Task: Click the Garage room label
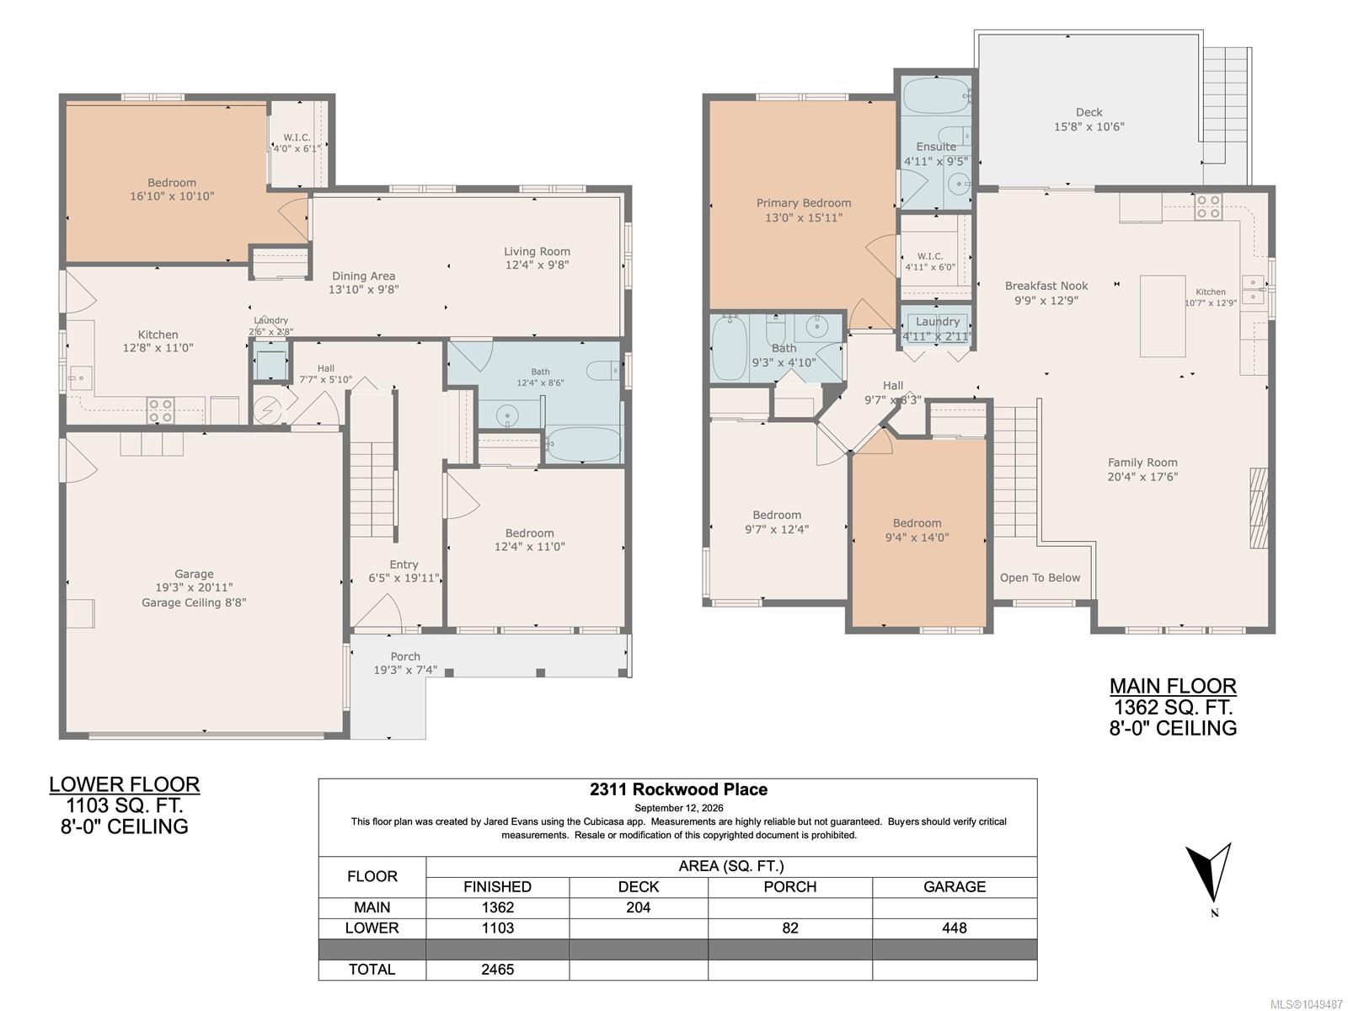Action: pos(194,574)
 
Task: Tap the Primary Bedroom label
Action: pos(803,203)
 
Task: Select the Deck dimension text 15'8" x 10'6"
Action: pos(1089,127)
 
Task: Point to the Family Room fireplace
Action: pos(1258,508)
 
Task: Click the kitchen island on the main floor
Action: pos(1163,316)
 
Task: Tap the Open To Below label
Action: pos(1040,578)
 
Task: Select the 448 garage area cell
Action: pos(955,928)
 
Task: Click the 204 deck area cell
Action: pos(638,907)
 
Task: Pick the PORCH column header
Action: pos(789,887)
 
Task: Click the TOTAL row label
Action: pos(372,969)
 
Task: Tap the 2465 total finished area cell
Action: pos(497,969)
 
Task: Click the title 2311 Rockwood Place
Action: pos(678,789)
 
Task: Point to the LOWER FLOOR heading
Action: pos(125,784)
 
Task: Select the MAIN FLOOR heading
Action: pos(1173,686)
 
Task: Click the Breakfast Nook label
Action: pos(1046,286)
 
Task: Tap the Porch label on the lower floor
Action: pos(405,657)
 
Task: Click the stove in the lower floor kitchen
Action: pos(160,410)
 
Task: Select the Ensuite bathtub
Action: pos(935,96)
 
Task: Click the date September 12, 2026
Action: pos(678,808)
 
